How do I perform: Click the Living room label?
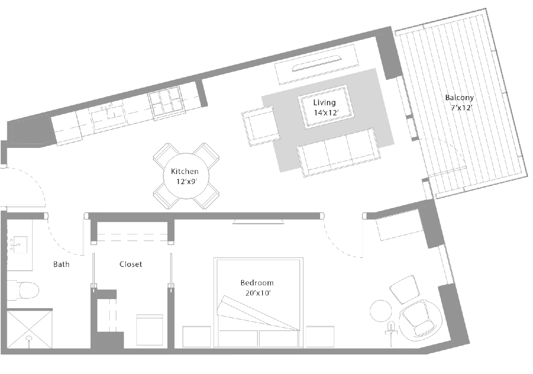pyautogui.click(x=324, y=103)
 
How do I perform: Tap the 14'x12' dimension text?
pyautogui.click(x=326, y=113)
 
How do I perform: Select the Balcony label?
pyautogui.click(x=459, y=98)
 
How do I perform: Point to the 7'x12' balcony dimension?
pyautogui.click(x=462, y=108)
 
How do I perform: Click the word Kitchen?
pyautogui.click(x=185, y=171)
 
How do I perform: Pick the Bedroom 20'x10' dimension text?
pyautogui.click(x=258, y=293)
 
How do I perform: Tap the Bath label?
pyautogui.click(x=61, y=264)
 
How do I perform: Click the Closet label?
pyautogui.click(x=131, y=264)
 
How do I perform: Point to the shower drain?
pyautogui.click(x=29, y=339)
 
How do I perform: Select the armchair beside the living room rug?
pyautogui.click(x=261, y=126)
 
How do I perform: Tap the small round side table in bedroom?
pyautogui.click(x=381, y=311)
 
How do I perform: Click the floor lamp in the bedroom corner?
pyautogui.click(x=391, y=332)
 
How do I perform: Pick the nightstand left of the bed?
pyautogui.click(x=196, y=336)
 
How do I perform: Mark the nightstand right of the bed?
pyautogui.click(x=320, y=336)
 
